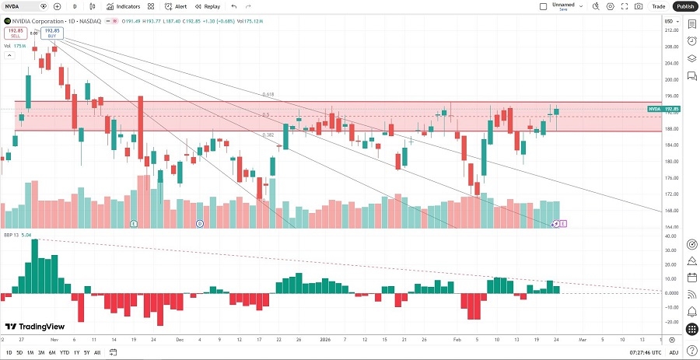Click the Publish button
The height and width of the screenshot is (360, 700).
[684, 6]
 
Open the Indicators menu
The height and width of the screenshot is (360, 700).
[124, 6]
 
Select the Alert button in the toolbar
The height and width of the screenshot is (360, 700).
[177, 6]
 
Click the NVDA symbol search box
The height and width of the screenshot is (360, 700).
[23, 6]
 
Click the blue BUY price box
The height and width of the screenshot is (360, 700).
[51, 33]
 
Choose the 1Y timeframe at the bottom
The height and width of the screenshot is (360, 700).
[75, 353]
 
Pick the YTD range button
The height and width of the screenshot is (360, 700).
[64, 353]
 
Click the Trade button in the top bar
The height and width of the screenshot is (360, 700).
[659, 6]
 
